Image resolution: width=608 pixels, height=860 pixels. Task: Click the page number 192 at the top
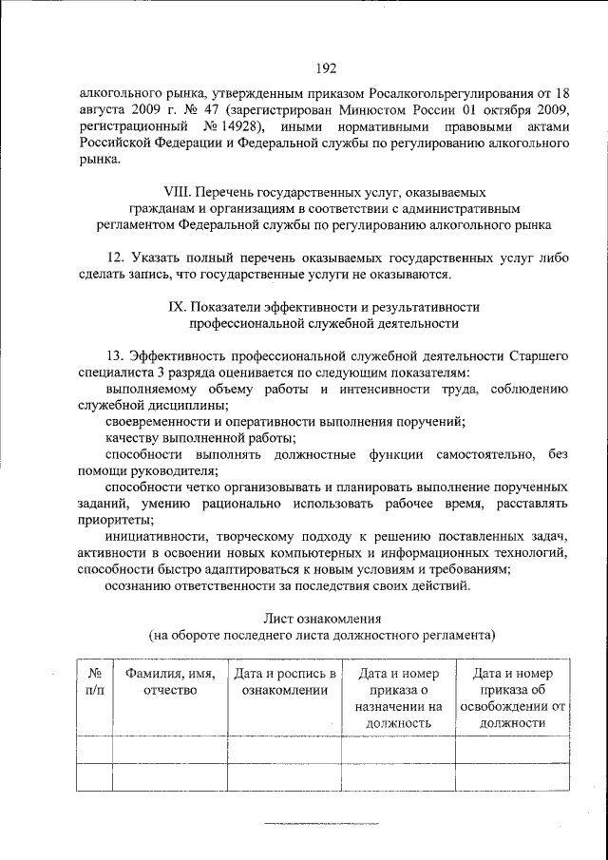(x=321, y=67)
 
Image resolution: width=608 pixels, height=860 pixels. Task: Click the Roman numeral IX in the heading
(x=176, y=307)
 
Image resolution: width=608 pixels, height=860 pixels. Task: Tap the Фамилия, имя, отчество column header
(x=169, y=681)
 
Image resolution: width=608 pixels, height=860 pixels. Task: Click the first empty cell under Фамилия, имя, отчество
(x=169, y=750)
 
